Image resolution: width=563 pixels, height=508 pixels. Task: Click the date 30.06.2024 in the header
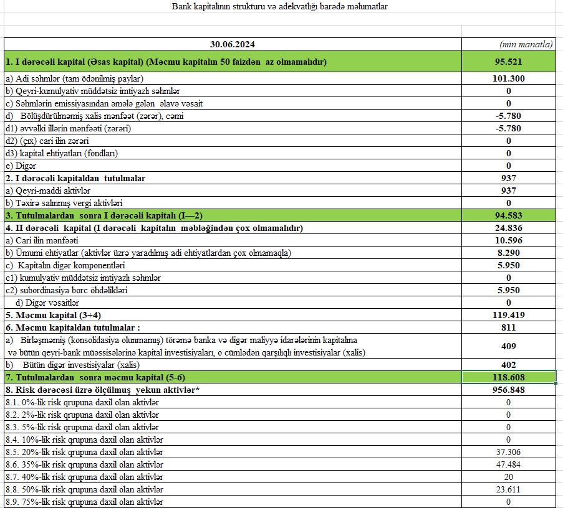tap(233, 44)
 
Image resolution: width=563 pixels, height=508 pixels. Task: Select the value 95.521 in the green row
tap(508, 62)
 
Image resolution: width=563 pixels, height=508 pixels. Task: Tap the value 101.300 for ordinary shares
tap(508, 78)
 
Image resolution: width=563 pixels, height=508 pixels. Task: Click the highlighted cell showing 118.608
tap(508, 377)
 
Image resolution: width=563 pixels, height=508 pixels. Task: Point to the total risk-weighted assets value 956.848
tap(508, 390)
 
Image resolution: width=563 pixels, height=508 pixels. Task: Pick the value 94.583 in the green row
tap(508, 215)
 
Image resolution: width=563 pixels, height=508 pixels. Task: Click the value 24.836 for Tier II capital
tap(508, 228)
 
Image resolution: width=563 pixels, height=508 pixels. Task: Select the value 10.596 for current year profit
tap(508, 240)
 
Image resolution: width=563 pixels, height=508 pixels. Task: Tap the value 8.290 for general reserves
tap(508, 253)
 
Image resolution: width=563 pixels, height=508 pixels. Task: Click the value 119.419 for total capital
tap(508, 315)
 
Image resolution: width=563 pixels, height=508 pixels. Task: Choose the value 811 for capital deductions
tap(508, 327)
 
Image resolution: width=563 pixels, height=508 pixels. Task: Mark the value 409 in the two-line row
tap(508, 346)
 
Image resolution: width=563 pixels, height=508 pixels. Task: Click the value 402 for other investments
tap(508, 365)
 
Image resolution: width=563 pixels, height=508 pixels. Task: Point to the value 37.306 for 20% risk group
tap(508, 452)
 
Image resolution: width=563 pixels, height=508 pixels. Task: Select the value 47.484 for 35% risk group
tap(508, 464)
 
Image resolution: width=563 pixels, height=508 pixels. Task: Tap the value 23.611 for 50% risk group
tap(508, 489)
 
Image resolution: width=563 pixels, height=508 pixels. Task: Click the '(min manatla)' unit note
tap(526, 44)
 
